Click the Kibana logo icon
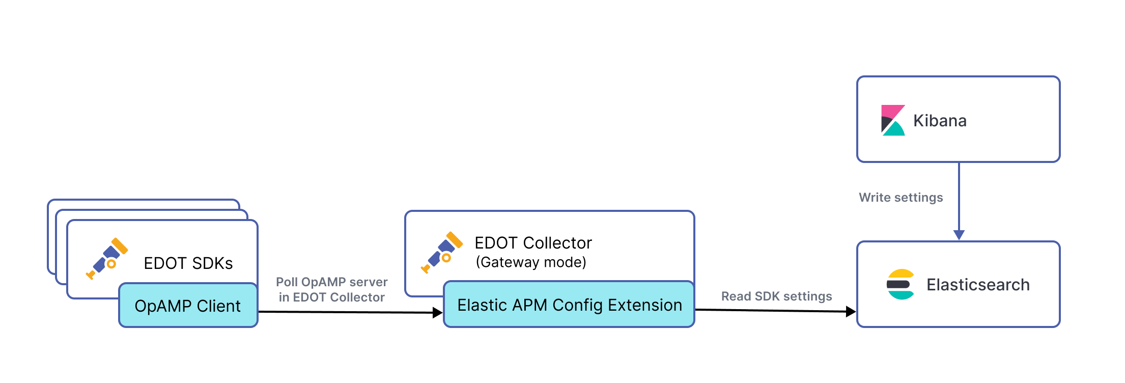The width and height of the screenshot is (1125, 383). pos(892,120)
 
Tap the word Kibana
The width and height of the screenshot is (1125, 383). pos(940,121)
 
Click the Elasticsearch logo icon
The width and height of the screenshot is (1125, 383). pos(900,284)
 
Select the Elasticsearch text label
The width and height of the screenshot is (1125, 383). pos(978,285)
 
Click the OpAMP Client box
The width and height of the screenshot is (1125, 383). pos(188,306)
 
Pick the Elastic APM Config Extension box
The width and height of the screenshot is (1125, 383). pos(569,305)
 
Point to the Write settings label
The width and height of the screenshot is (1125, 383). pos(901,198)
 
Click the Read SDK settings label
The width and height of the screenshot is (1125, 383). pos(776,296)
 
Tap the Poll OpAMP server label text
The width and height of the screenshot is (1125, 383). pos(331,282)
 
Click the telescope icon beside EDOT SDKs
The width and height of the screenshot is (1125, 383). pos(107,259)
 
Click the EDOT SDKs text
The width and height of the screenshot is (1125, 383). pos(188,263)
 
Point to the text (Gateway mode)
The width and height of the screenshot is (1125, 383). pos(530,262)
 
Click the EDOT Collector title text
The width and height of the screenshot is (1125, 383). pos(533,243)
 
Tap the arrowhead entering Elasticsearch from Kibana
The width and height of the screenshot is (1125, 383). pos(959,235)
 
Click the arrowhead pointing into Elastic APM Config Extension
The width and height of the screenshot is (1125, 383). pos(437,313)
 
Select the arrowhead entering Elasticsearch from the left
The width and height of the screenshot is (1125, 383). pos(851,312)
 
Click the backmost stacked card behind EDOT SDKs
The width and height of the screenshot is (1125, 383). pos(143,203)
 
